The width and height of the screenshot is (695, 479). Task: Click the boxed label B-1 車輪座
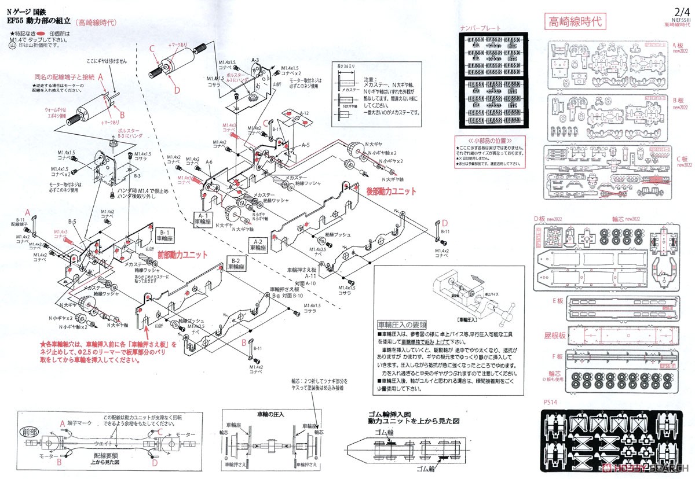click(x=163, y=235)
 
